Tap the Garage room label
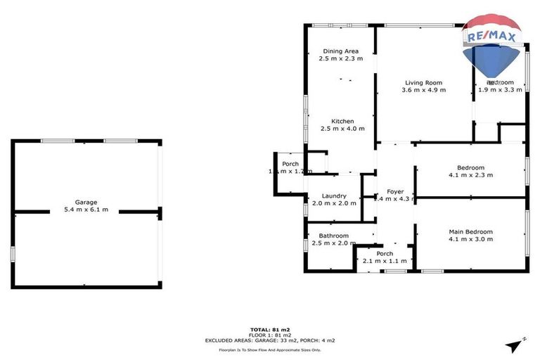pos(86,202)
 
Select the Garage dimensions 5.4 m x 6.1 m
pos(86,210)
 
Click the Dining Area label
pos(341,51)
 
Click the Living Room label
pos(423,82)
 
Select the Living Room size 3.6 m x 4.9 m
pos(423,90)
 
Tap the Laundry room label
pos(334,196)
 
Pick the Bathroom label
pos(333,236)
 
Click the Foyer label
pos(394,191)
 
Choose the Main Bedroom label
pos(470,231)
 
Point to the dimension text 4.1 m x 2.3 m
pos(470,175)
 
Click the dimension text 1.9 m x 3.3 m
pos(500,90)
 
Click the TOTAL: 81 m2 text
pos(270,329)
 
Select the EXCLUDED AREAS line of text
pos(270,340)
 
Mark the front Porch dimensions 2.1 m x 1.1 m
pos(385,261)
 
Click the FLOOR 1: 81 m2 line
pos(270,335)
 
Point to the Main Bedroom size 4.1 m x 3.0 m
pos(470,239)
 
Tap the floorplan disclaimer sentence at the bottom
pos(270,349)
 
